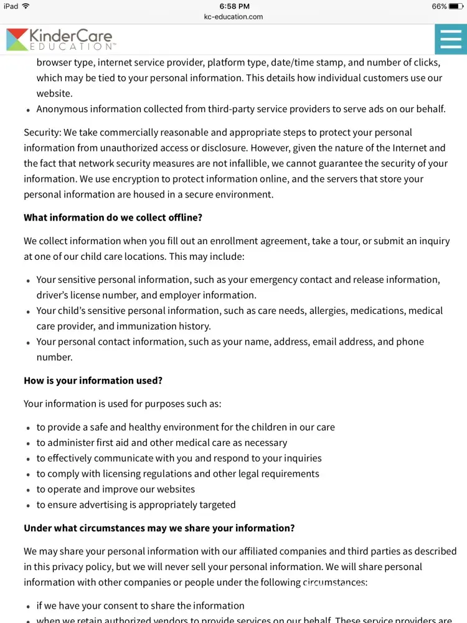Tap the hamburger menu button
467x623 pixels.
point(450,39)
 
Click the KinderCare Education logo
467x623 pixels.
point(60,39)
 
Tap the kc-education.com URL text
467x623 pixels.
point(233,17)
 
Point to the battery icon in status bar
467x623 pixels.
point(455,6)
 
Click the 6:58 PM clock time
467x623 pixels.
point(234,6)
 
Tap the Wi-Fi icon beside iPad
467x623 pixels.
point(26,6)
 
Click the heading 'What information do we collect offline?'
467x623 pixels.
point(113,217)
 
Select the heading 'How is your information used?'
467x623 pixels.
point(93,381)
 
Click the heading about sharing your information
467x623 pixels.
point(159,528)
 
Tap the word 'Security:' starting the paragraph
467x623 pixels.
point(42,132)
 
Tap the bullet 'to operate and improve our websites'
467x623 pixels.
point(116,489)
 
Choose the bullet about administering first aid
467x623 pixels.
point(162,442)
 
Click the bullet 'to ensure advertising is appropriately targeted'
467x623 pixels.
point(136,505)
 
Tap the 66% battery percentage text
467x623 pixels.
point(439,6)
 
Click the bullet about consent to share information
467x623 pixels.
point(140,606)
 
